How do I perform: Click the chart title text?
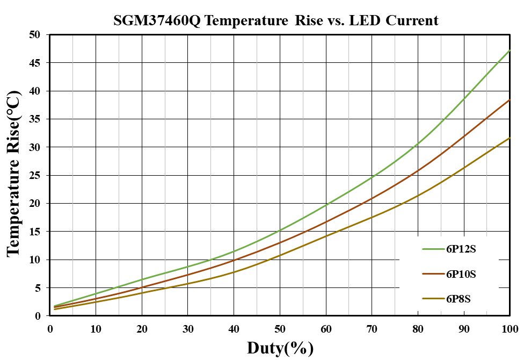(276, 20)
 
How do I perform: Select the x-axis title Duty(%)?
(280, 348)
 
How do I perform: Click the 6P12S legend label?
(461, 249)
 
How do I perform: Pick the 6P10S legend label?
(461, 274)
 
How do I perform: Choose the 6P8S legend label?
(459, 299)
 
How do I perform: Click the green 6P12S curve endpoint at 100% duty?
(510, 51)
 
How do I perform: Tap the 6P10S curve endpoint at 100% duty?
(510, 100)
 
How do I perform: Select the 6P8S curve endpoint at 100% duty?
(510, 138)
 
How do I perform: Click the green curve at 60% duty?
(326, 205)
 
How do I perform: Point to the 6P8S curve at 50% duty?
(280, 255)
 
